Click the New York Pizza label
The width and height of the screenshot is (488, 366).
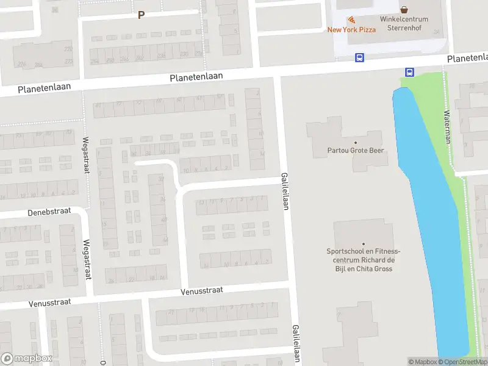pos(351,29)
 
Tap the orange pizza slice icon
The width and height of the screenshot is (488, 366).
pos(351,20)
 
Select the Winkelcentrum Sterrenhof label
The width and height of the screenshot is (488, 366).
pos(404,23)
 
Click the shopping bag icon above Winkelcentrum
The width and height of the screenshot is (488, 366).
pos(404,10)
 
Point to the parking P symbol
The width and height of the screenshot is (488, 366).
pos(141,15)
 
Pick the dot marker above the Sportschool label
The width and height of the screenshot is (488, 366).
pos(363,244)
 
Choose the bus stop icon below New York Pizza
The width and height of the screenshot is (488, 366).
pos(359,58)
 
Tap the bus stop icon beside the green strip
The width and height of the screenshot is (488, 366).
pos(409,73)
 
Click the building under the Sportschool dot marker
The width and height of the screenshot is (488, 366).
pos(363,232)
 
